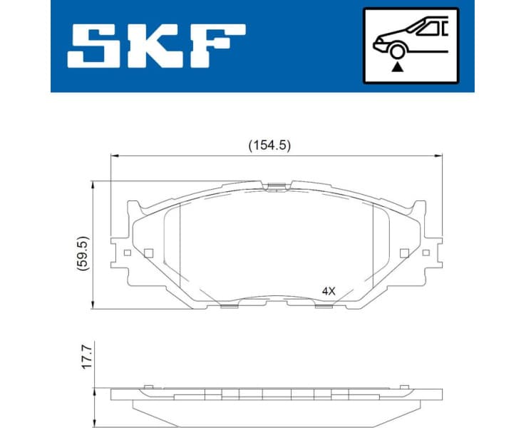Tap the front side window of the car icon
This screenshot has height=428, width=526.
coord(428,29)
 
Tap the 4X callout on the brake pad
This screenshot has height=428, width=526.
coord(328,291)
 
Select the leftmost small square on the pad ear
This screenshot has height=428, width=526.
coord(127,253)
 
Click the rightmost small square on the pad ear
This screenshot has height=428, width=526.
coord(426,253)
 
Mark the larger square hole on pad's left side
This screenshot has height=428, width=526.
coord(148,253)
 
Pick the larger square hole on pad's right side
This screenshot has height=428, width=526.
coord(405,253)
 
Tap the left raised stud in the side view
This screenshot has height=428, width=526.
coord(148,386)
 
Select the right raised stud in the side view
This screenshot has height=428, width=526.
coord(404,386)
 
